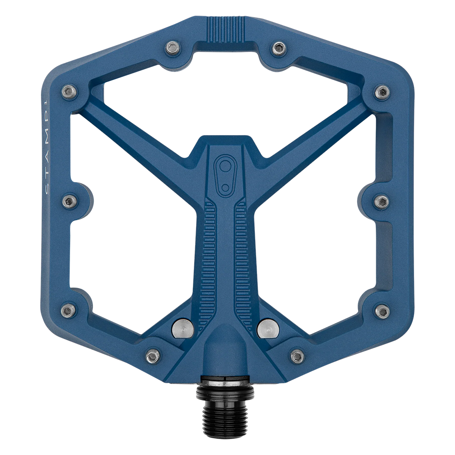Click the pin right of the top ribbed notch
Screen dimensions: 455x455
pos(279,47)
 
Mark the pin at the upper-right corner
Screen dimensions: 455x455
pos(382,91)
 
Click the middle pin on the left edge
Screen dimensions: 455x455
pos(69,200)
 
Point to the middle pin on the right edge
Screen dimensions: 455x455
pos(381,201)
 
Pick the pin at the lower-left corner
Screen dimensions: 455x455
pos(68,311)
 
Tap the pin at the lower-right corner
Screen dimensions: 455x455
pos(382,311)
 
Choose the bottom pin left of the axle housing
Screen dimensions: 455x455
pos(154,355)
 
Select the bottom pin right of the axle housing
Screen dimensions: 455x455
pos(297,355)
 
